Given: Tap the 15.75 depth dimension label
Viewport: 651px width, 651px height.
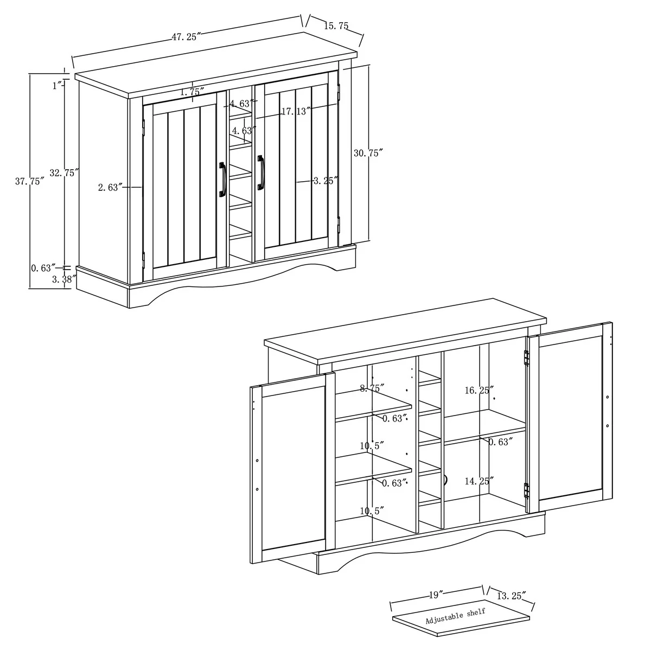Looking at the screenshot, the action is coord(336,25).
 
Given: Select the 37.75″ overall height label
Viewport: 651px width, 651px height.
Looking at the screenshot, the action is coord(30,181).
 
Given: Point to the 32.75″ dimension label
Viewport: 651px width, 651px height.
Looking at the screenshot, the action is coord(64,173).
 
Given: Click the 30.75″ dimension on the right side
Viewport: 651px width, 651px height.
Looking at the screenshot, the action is coord(368,153).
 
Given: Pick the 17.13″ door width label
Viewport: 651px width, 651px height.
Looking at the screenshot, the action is coord(296,111).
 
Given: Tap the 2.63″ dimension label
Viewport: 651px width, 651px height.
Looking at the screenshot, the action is coord(110,187).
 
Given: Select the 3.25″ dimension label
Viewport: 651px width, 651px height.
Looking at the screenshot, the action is coord(325,181).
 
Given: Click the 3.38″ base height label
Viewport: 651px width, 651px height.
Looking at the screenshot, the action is coord(64,279).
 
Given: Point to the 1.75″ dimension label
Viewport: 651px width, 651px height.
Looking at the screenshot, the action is coord(192,92).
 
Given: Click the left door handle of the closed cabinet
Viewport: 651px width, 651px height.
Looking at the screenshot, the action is coord(222,180).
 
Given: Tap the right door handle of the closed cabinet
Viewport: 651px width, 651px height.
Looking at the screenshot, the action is coord(260,173).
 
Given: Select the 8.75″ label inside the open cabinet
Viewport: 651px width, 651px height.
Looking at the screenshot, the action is coord(372,388).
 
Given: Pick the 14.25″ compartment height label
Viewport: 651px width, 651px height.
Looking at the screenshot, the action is coord(479,481).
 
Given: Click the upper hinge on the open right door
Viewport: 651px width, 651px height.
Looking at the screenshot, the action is coord(526,358).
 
